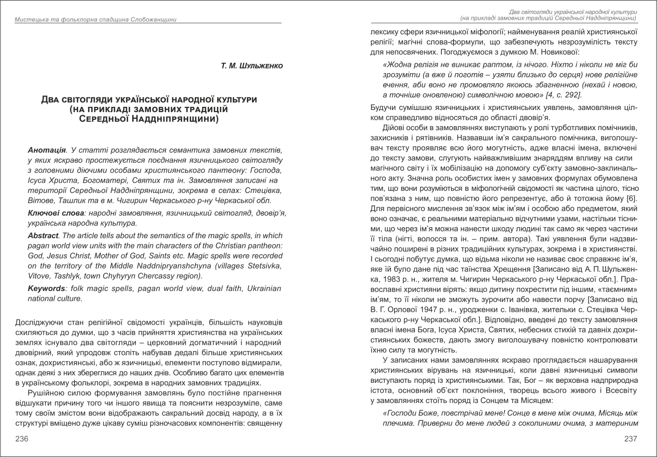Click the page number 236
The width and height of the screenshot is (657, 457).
(x=22, y=439)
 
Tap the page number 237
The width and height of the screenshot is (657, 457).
(x=631, y=439)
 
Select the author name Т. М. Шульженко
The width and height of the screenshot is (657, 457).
(x=251, y=65)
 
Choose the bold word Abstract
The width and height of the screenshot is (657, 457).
(x=43, y=236)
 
